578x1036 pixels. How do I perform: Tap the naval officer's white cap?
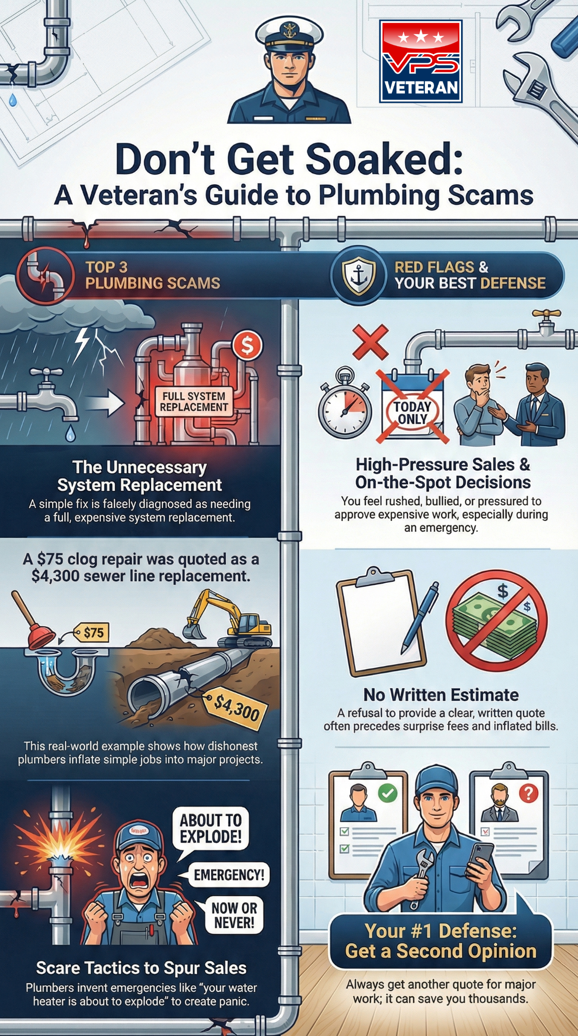[x=288, y=31]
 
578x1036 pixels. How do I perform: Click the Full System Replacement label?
[x=194, y=402]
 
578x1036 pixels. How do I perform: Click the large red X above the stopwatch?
[x=371, y=342]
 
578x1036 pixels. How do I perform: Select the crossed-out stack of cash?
[x=496, y=620]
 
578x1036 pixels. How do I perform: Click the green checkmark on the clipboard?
[x=387, y=793]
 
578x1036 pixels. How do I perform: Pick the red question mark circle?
[x=528, y=793]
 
